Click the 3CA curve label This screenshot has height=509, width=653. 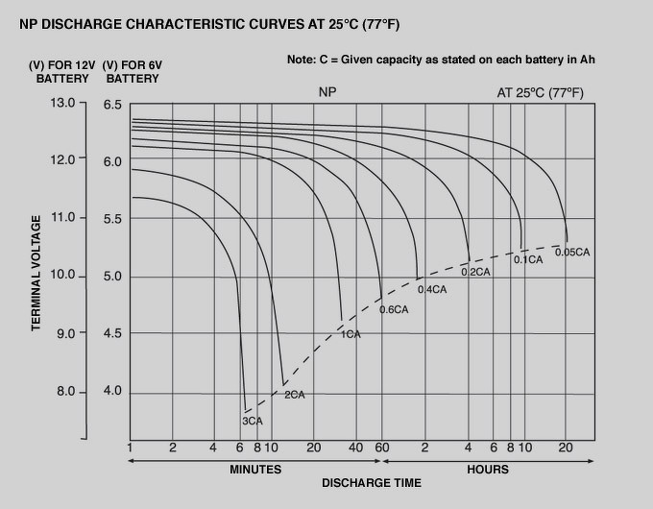253,421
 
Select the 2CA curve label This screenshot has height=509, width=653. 294,395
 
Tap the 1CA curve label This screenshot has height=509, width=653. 351,334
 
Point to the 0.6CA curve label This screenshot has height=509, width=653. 394,309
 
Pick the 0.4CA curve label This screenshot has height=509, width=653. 433,289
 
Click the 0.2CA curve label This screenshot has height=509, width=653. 476,272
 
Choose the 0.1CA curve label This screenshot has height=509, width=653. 528,259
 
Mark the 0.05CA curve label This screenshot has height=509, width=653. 572,252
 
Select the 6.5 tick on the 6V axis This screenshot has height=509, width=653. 113,104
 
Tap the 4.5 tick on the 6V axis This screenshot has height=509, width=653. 113,334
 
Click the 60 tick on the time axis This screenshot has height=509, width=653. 382,448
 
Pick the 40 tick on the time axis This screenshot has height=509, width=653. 355,448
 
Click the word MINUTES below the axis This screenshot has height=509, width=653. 255,470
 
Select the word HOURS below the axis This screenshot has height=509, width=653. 488,470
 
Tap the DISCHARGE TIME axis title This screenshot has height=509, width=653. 371,483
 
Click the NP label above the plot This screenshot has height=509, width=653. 328,93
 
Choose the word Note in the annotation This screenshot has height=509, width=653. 302,60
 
